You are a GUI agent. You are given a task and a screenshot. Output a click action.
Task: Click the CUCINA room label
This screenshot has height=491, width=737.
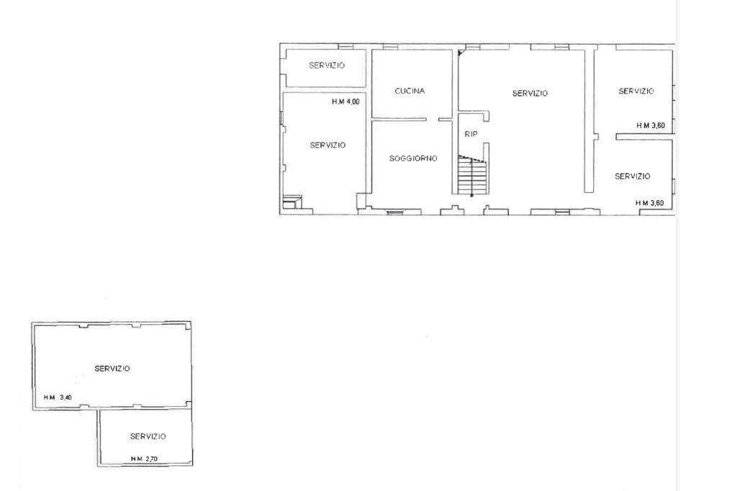click(x=410, y=91)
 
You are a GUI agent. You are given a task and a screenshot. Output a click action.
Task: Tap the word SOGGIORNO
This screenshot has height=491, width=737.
click(x=413, y=158)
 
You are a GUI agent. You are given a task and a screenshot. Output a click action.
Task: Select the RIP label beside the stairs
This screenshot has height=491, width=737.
click(x=471, y=134)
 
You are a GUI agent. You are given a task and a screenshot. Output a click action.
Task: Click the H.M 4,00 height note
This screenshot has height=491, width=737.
click(x=345, y=102)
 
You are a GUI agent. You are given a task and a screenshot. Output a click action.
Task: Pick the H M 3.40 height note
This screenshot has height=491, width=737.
click(x=58, y=397)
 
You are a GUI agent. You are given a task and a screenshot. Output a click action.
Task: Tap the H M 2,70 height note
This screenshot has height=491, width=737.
click(x=144, y=459)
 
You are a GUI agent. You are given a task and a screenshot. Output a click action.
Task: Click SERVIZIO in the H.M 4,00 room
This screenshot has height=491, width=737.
click(x=327, y=145)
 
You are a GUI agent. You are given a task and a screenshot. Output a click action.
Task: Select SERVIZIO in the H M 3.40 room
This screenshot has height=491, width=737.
click(x=112, y=369)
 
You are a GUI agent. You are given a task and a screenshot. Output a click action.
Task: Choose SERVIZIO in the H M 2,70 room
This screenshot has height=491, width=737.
click(x=148, y=436)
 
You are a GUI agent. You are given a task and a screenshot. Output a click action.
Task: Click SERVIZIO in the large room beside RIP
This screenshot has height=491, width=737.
click(x=530, y=94)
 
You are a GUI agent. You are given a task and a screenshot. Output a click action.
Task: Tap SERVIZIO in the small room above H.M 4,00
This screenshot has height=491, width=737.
click(x=327, y=66)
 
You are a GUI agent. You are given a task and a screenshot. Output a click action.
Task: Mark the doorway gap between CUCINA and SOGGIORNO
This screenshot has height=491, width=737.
click(x=433, y=120)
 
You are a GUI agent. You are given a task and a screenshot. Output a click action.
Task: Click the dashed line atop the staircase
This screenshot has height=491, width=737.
click(x=472, y=158)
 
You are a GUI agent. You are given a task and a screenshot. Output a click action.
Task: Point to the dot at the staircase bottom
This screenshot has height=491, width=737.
click(x=472, y=195)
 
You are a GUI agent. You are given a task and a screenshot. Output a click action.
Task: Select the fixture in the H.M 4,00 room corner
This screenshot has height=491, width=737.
click(x=292, y=202)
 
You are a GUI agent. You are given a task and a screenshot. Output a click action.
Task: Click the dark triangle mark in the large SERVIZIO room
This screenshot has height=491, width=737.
click(x=461, y=53)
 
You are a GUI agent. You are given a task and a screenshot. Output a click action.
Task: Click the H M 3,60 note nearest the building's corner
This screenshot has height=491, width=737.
click(x=650, y=203)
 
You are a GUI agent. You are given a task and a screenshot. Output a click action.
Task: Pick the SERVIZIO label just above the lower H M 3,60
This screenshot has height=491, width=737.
click(x=633, y=176)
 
